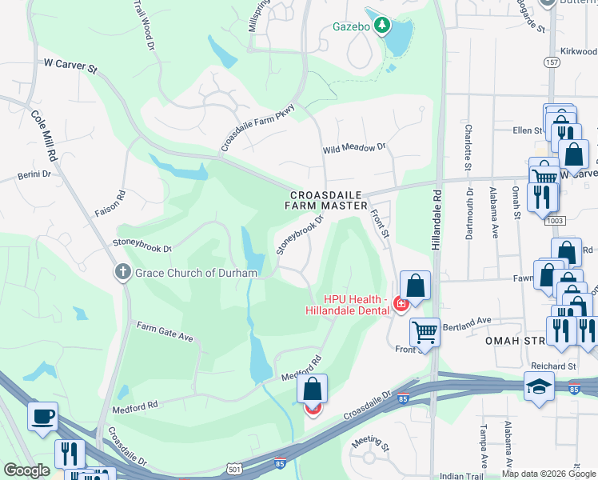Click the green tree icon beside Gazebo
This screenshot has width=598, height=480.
[x=382, y=26]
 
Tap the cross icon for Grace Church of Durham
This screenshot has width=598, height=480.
[x=122, y=273]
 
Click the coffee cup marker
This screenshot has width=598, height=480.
[x=42, y=416]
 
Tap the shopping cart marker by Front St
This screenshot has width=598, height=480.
[x=425, y=330]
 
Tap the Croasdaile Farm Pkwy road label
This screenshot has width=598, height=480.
[x=258, y=128]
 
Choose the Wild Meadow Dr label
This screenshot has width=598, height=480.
[x=354, y=149]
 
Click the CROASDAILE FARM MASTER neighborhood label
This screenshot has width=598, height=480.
[x=326, y=200]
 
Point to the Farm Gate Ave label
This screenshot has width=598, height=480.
[x=165, y=332]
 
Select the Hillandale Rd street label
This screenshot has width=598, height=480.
[x=437, y=227]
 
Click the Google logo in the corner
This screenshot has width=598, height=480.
[x=26, y=470]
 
